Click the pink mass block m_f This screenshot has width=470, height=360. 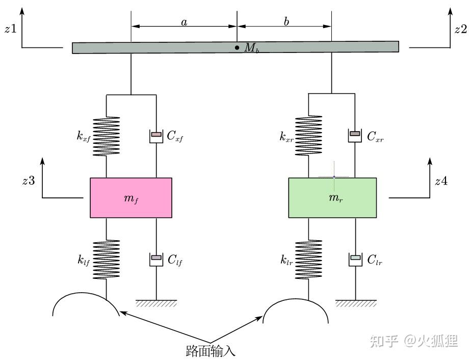coord(131,198)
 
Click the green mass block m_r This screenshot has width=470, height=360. coord(332,198)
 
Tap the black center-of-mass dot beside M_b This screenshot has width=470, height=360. coord(237,47)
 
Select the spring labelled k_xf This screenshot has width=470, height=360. coord(107,136)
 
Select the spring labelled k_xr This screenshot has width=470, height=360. coord(309,136)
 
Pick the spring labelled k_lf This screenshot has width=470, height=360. coord(107,260)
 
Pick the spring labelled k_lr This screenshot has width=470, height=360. coord(309,260)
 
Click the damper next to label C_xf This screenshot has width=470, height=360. coord(156,136)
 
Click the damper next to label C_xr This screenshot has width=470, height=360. coord(355,135)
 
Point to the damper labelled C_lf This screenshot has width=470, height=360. coord(156,259)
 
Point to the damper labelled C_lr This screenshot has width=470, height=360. coord(355,259)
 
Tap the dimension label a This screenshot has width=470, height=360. coord(184,22)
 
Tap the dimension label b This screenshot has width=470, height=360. coord(286,21)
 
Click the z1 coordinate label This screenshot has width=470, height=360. coord(11,29)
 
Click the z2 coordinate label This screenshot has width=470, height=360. coord(461,29)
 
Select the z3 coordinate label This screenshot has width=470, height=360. coord(29,181)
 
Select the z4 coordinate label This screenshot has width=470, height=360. coord(441,181)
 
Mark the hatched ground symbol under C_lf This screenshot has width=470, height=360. coord(156,303)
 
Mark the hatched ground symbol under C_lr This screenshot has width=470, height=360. coord(356,303)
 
